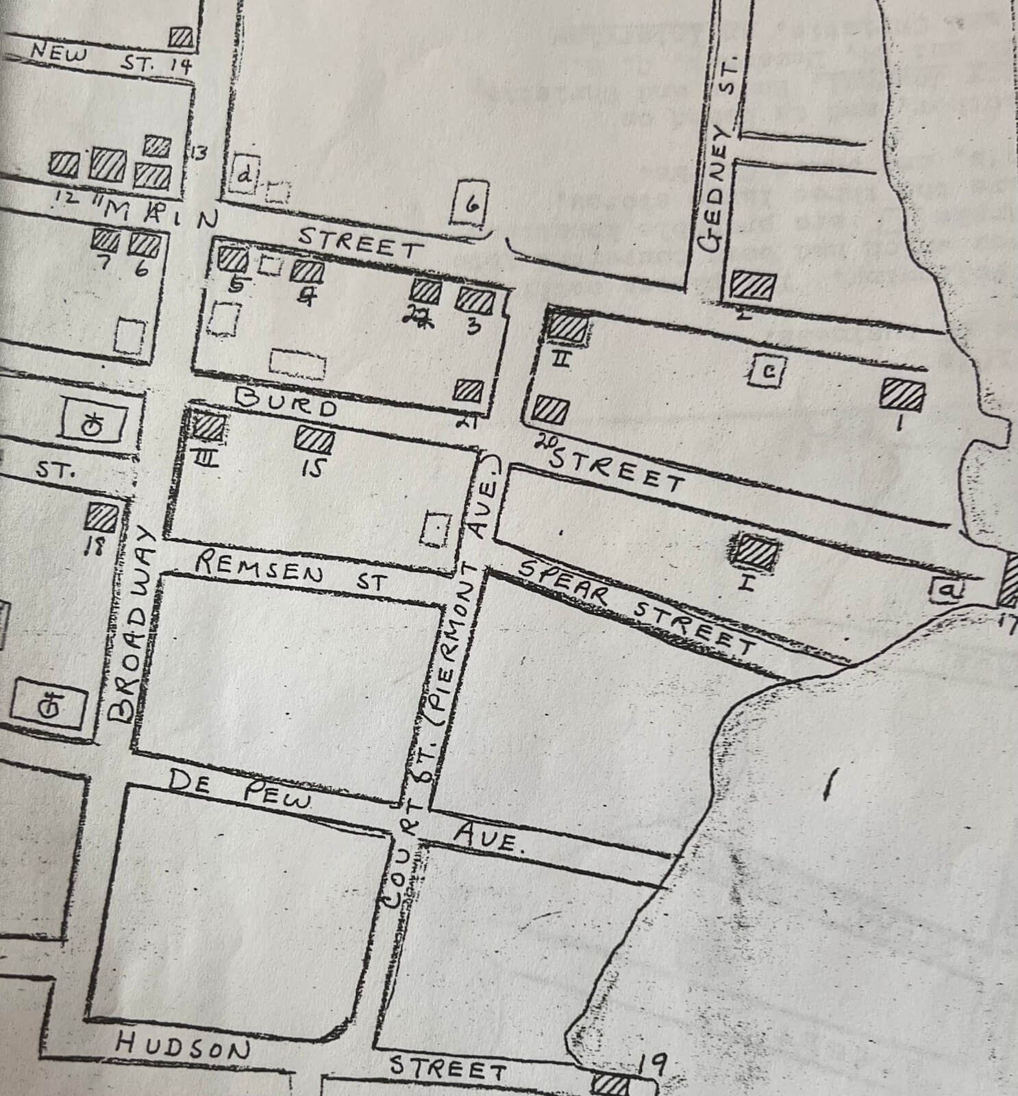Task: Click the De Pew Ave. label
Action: coord(343,808)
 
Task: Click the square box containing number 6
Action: coord(471,204)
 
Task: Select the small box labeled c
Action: coord(768,371)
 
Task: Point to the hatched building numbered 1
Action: coord(902,395)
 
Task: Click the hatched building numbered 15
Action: coord(314,438)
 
